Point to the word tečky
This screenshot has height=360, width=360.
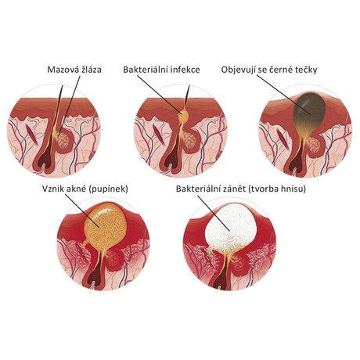(307, 70)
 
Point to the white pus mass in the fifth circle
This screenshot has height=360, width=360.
(231, 225)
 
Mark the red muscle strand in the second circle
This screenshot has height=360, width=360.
(159, 135)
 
